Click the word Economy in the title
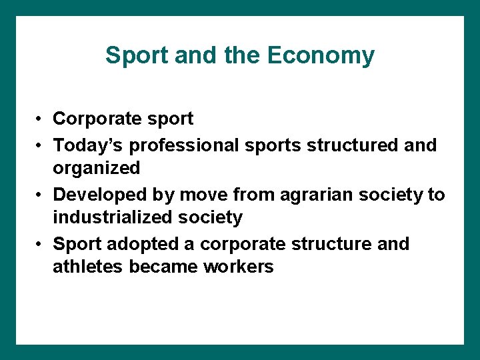click(x=321, y=55)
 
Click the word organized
click(x=97, y=168)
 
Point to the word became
click(x=163, y=267)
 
